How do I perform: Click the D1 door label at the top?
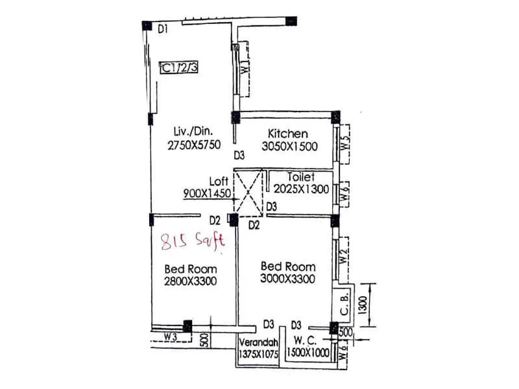pos(163,29)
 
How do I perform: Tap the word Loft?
pos(218,181)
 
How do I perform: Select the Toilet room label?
pos(301,176)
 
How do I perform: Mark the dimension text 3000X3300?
pos(288,279)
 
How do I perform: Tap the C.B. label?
pos(344,303)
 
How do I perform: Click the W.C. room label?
pos(309,342)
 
